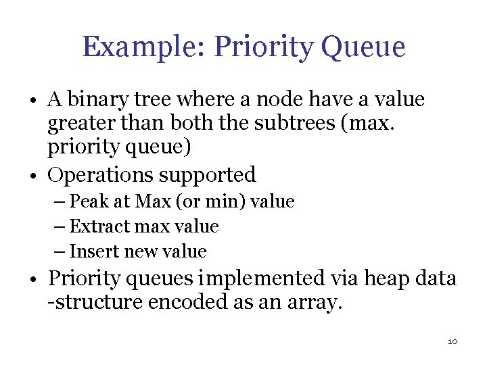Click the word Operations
pyautogui.click(x=99, y=175)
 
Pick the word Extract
pyautogui.click(x=95, y=226)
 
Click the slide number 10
pyautogui.click(x=453, y=341)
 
